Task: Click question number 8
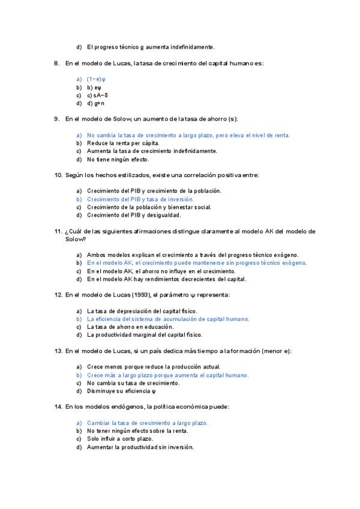coord(56,63)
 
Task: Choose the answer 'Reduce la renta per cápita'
coord(123,143)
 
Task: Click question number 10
coord(58,175)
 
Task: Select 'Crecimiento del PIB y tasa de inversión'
coord(140,199)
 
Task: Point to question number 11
coord(58,230)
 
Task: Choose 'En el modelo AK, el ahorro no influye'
coord(152,271)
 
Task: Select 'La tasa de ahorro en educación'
coord(128,327)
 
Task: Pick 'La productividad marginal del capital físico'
coord(144,335)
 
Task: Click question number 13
coord(58,351)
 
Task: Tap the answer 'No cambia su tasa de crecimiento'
coord(133,383)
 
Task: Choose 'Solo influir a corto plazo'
coord(120,439)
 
